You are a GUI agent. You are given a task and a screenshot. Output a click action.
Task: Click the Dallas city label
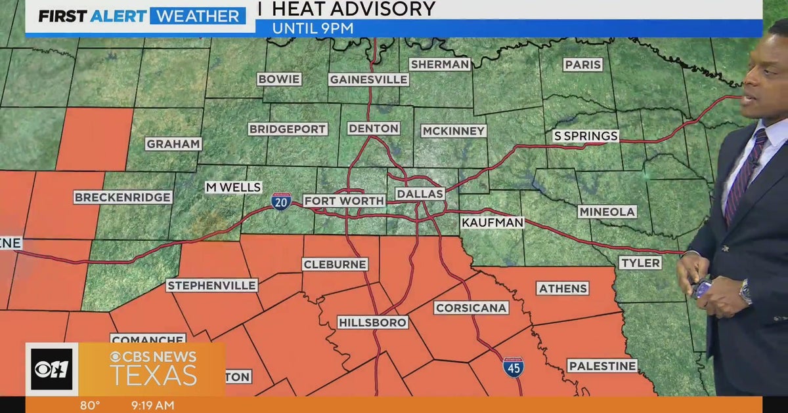point(420,194)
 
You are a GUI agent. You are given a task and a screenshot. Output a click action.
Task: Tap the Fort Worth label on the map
point(344,201)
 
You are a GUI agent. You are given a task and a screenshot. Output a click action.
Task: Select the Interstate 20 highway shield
point(281,201)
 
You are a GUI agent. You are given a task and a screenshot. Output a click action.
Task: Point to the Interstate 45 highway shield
point(514,366)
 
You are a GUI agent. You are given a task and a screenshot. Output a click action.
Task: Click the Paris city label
point(582,64)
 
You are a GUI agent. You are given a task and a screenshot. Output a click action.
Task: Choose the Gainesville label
point(369,79)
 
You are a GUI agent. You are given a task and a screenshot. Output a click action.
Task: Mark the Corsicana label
point(471,307)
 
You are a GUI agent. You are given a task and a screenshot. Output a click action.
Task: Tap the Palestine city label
point(602,366)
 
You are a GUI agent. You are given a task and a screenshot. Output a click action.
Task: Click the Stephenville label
point(212,285)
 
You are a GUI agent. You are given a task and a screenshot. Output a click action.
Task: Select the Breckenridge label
point(123,197)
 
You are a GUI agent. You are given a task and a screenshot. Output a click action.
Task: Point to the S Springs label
point(586,136)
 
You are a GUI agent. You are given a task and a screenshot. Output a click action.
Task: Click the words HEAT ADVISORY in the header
point(353,9)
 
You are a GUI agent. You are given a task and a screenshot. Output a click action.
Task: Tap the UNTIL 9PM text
point(313,28)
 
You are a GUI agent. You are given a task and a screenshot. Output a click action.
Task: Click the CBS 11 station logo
point(51,369)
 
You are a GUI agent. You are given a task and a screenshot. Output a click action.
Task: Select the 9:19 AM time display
point(153,405)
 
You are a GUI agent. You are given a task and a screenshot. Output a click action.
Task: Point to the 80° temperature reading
point(90,405)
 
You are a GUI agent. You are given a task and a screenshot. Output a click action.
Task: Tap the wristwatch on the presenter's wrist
point(745,291)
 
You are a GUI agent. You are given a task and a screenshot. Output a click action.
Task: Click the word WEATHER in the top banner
point(198,16)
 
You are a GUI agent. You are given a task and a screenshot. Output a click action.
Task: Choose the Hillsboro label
point(372,322)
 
